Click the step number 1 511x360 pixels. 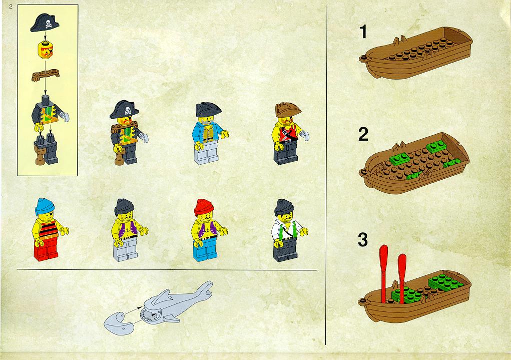point(363,32)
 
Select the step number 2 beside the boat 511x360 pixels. point(363,134)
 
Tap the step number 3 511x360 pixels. point(363,239)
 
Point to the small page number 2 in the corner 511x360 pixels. point(11,7)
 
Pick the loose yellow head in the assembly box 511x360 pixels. point(46,50)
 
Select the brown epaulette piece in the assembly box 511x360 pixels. point(46,75)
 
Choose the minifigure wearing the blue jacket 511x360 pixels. point(209,133)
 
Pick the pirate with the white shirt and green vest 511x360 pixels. point(288,230)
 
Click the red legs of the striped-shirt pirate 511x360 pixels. point(47,249)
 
